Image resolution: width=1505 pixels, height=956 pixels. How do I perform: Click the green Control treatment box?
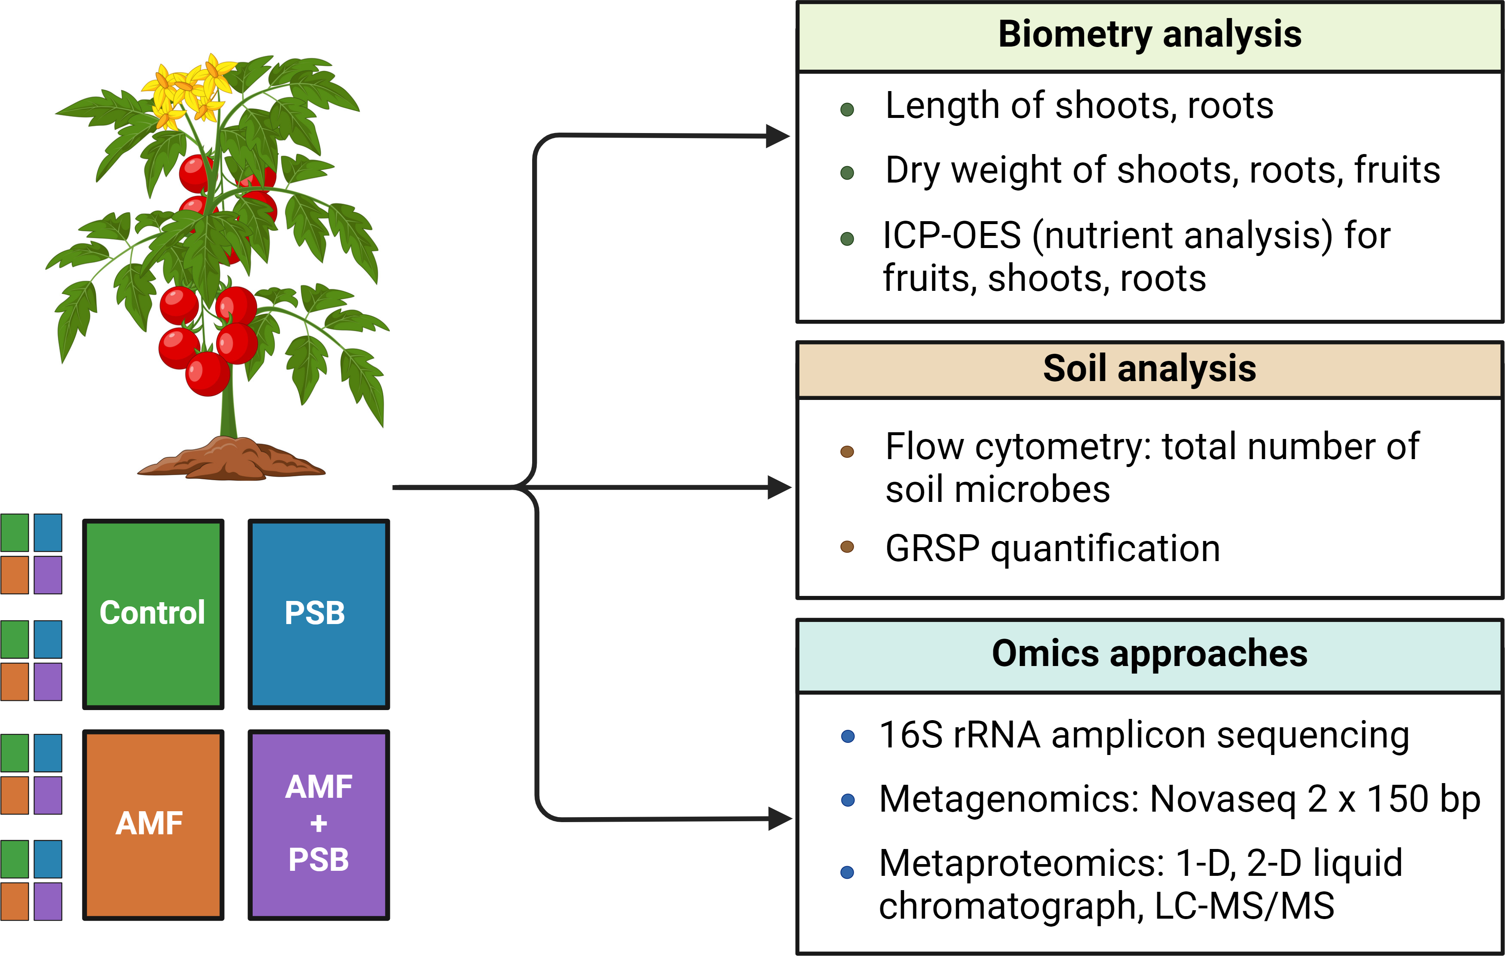point(153,614)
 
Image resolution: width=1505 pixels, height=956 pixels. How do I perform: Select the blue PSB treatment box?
point(319,614)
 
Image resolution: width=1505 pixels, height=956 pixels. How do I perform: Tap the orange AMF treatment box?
point(153,825)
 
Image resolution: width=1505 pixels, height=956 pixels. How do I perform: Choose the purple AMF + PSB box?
point(319,825)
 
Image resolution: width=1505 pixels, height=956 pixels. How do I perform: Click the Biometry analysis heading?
point(1150,34)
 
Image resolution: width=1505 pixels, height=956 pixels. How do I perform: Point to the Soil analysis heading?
point(1150,368)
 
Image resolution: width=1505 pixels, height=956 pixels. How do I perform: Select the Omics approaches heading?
point(1150,653)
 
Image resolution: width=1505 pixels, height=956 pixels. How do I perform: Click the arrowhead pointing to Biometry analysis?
point(778,136)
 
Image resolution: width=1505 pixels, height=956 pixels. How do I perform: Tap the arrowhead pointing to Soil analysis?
point(779,487)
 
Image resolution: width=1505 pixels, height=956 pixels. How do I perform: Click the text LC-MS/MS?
point(1244,906)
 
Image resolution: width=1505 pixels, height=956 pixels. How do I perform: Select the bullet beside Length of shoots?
point(847,110)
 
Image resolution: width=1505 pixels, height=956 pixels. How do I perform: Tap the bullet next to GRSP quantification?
point(847,547)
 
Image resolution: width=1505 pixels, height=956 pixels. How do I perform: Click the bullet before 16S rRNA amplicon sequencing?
point(848,736)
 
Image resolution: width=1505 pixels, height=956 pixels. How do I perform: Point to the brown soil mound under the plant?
point(231,459)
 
